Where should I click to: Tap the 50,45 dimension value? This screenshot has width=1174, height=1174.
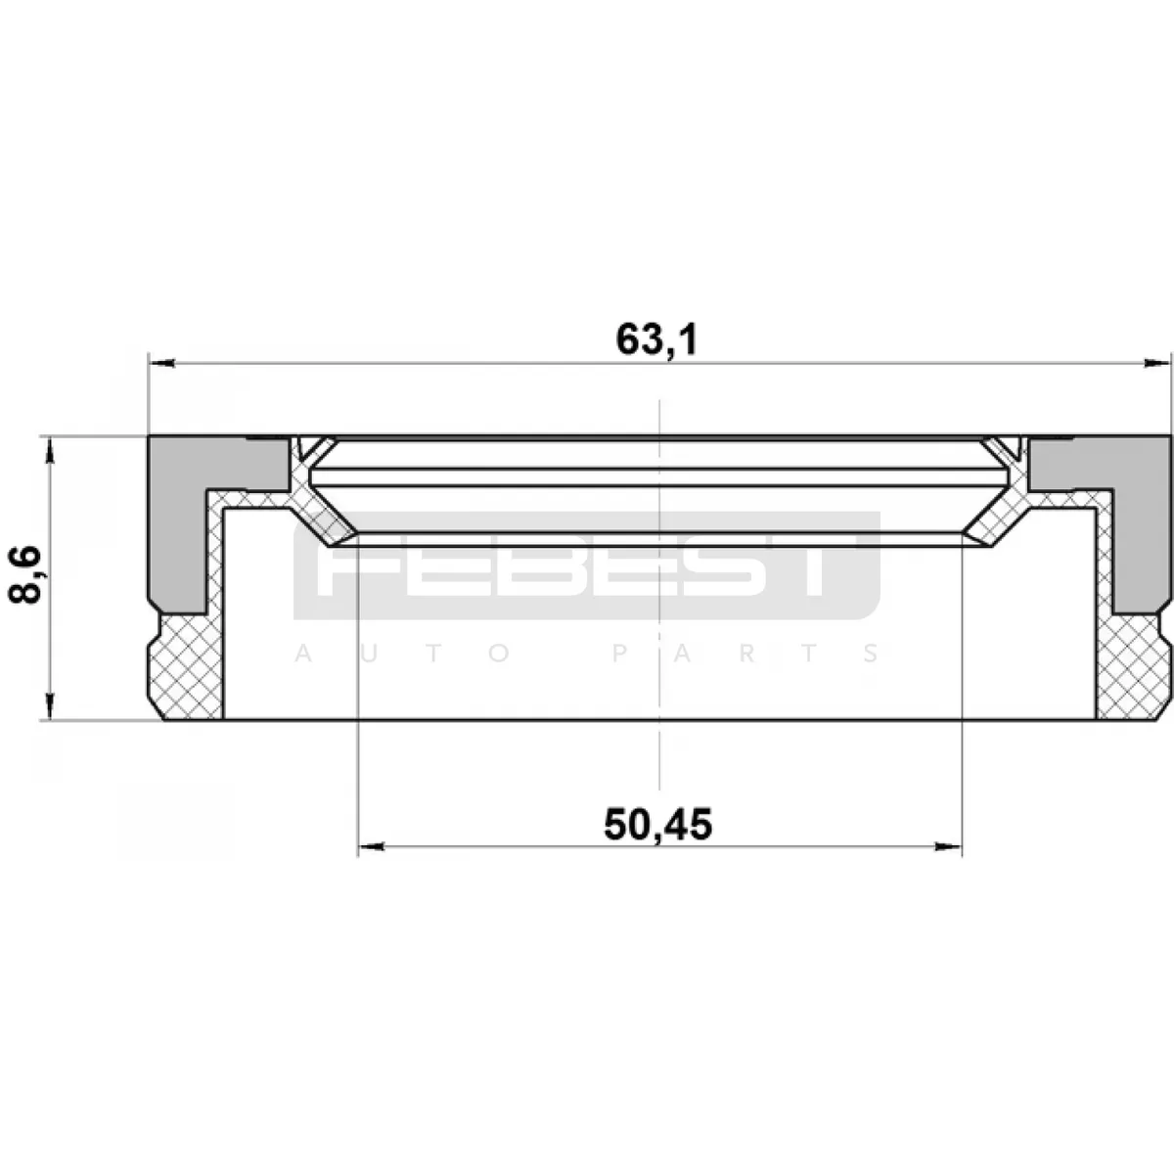click(x=658, y=825)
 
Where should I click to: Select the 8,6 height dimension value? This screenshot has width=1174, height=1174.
click(x=25, y=574)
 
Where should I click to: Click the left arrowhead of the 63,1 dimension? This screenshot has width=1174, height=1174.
click(x=161, y=364)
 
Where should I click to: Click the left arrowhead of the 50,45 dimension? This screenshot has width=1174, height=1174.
click(x=371, y=846)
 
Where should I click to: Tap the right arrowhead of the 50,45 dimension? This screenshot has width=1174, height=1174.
click(x=948, y=846)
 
